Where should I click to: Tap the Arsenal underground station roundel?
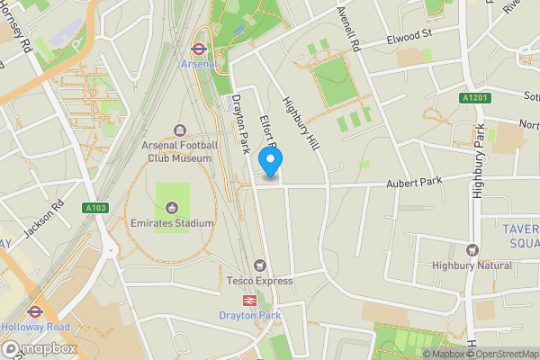point(200,50)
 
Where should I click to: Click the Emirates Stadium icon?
point(172,209)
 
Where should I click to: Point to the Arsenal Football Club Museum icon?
point(179,131)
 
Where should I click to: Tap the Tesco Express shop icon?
point(260,266)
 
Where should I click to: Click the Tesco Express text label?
point(259,281)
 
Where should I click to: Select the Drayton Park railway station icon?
point(249,301)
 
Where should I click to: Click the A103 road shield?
point(95,208)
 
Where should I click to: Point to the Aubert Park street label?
point(416,183)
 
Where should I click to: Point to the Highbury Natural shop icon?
point(472,251)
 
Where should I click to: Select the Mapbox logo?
point(39,349)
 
